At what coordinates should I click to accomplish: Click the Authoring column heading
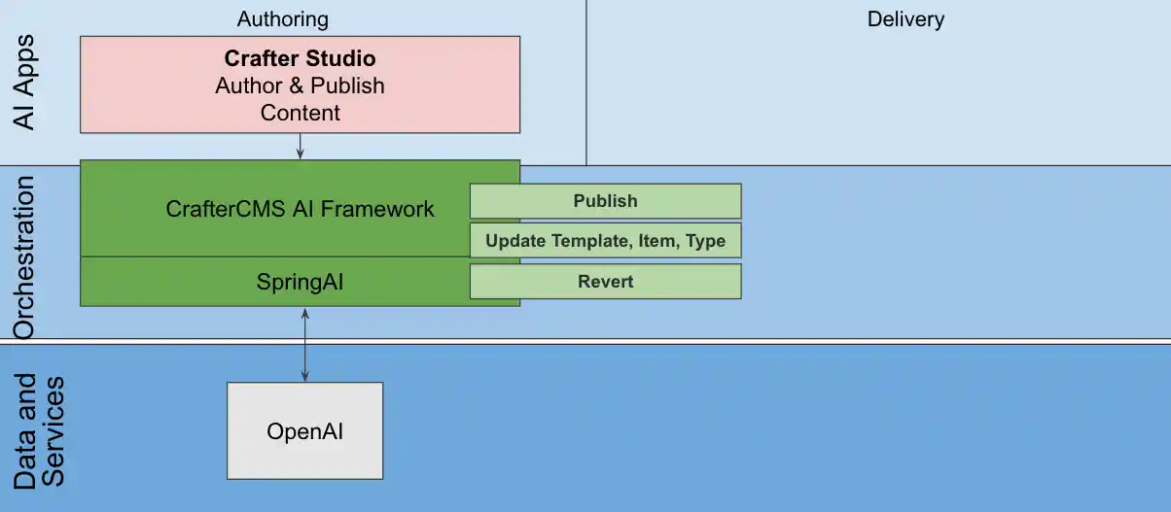283,19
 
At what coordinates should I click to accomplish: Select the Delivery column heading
905,19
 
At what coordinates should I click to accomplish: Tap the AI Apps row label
24,82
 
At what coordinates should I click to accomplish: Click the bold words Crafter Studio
300,59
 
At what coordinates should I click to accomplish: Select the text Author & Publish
300,85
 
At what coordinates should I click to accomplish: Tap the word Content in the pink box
300,113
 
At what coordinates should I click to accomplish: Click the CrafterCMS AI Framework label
300,209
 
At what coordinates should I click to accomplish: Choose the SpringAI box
300,283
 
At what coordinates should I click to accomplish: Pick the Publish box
605,201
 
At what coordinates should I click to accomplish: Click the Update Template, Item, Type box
605,241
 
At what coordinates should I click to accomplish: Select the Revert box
605,282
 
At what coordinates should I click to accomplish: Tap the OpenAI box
304,430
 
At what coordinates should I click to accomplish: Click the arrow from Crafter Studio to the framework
300,146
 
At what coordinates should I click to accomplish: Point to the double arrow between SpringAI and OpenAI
305,344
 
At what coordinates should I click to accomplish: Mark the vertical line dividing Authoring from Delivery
586,83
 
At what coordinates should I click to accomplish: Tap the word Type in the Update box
705,241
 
